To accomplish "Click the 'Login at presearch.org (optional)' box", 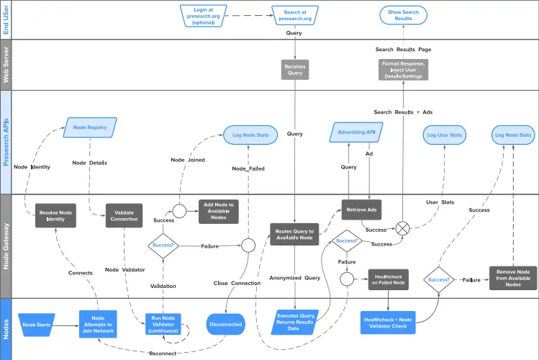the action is click(203, 16).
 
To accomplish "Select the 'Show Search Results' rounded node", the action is click(403, 15).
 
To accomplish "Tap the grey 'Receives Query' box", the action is click(295, 70).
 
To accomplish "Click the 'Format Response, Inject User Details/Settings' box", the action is click(403, 70).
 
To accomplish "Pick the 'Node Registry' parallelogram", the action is click(90, 127).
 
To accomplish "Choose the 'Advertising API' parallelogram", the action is click(356, 132).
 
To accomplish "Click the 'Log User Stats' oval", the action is click(445, 135).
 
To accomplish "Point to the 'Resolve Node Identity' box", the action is click(55, 215).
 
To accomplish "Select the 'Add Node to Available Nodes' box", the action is click(219, 212).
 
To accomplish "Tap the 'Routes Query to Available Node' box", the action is click(294, 235).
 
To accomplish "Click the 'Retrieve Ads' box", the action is click(362, 210).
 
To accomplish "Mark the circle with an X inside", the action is click(402, 228).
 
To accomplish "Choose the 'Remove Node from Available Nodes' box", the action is click(513, 278).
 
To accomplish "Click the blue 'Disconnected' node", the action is click(226, 324).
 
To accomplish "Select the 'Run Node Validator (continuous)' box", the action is click(163, 324).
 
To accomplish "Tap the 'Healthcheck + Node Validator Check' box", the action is click(388, 323).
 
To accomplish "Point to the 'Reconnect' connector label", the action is click(163, 354).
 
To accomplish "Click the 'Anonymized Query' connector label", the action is click(294, 278).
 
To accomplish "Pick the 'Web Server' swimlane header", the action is click(6, 65).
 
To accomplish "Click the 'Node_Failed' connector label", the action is click(248, 168).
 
